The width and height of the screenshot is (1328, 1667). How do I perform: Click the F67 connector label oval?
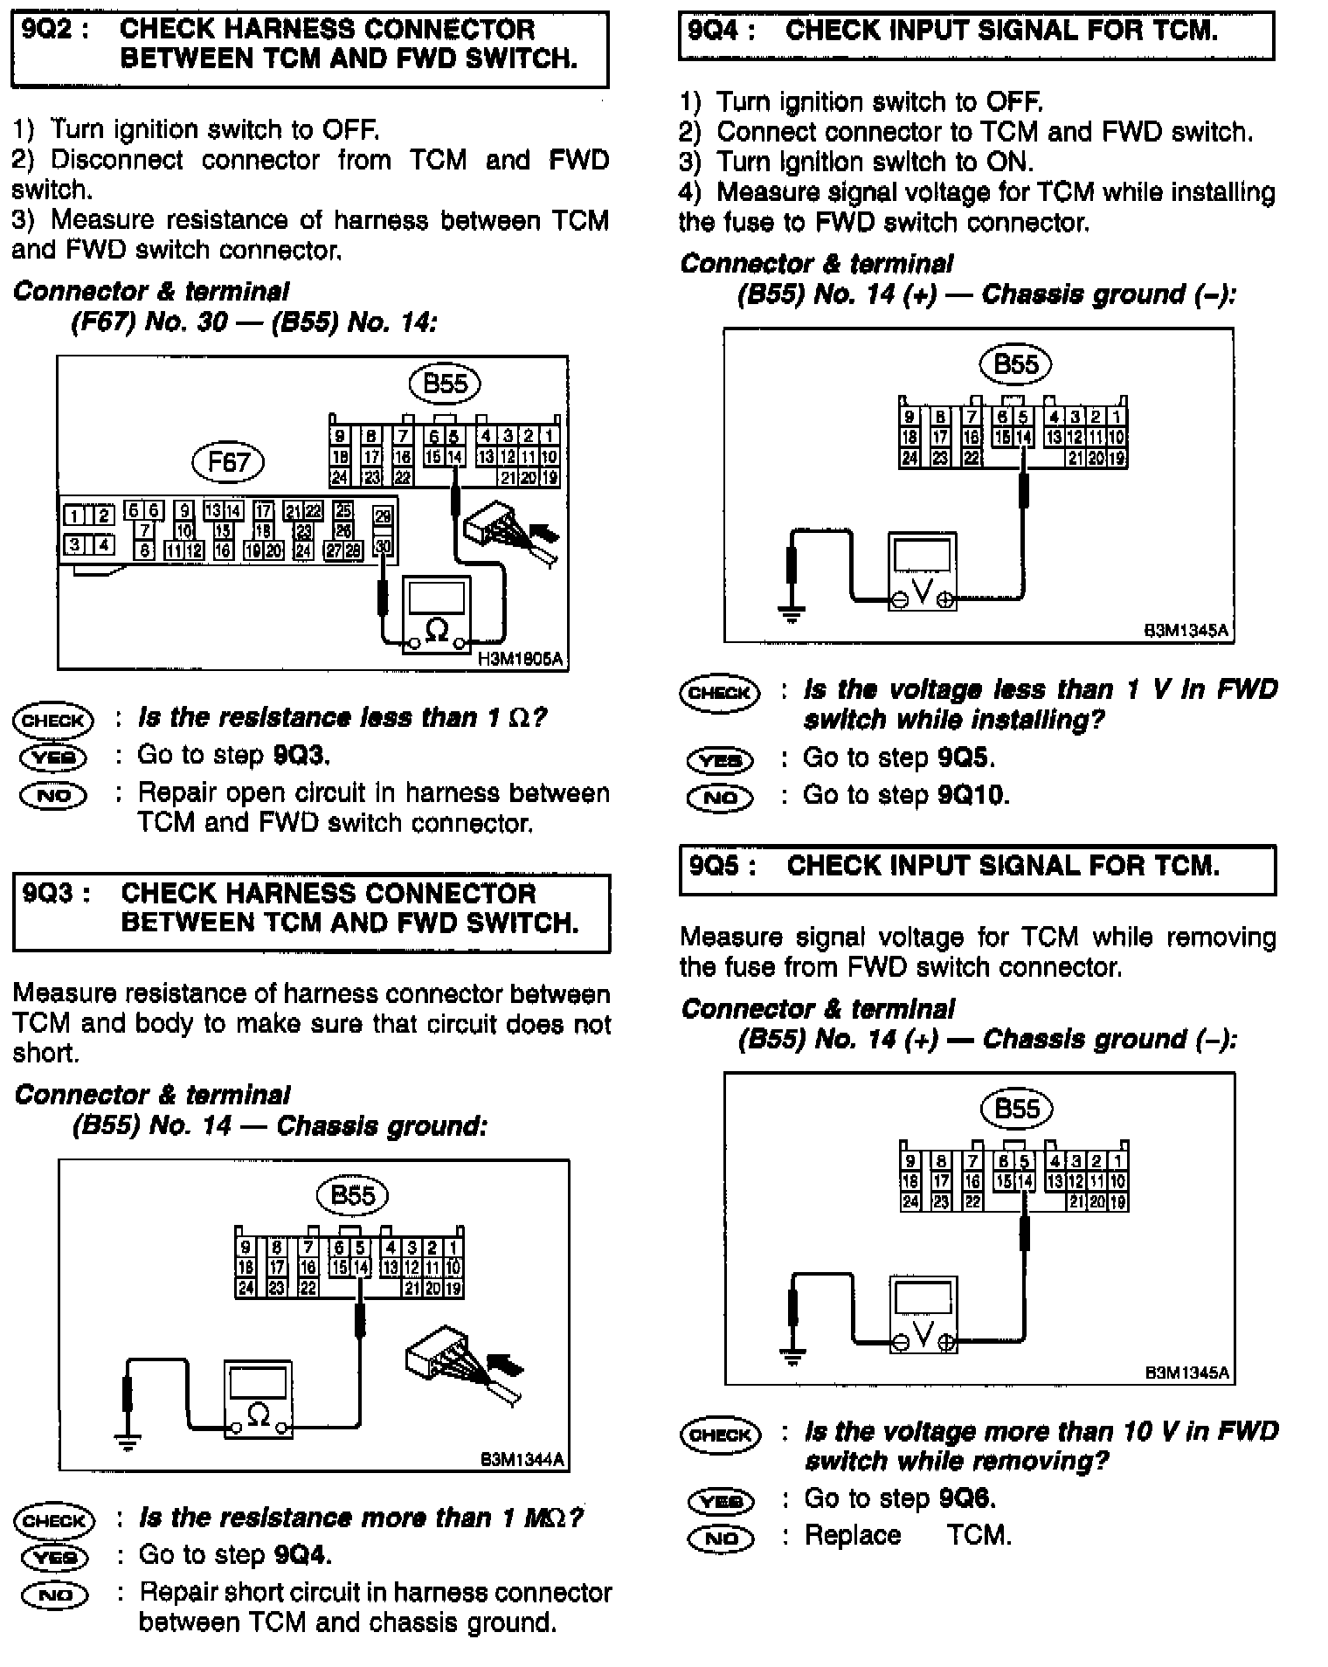[229, 461]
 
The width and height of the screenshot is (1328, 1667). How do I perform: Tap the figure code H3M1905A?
[521, 661]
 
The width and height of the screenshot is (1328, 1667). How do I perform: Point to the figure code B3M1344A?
[522, 1460]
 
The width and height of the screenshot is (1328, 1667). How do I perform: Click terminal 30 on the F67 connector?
[383, 547]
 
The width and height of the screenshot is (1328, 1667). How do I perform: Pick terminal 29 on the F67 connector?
[383, 516]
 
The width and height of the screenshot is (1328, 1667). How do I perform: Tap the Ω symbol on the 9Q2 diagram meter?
[436, 628]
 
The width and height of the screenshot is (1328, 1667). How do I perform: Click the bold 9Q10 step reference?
[972, 795]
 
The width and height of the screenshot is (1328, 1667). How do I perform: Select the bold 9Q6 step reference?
[966, 1498]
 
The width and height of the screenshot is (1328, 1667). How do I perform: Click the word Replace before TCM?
[852, 1535]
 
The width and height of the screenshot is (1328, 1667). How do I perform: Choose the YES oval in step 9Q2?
[53, 757]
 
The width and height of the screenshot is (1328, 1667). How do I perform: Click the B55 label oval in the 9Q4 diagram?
[1015, 363]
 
